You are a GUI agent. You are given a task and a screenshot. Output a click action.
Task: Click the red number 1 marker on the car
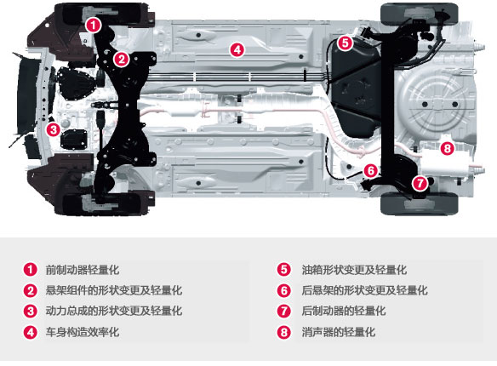pyautogui.click(x=94, y=25)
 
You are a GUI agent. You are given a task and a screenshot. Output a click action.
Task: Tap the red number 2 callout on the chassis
pyautogui.click(x=121, y=59)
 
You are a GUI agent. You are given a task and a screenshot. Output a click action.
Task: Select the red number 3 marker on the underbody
pyautogui.click(x=53, y=129)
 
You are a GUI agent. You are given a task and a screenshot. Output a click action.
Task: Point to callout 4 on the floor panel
pyautogui.click(x=237, y=49)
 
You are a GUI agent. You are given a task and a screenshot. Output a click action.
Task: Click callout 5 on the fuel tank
pyautogui.click(x=346, y=43)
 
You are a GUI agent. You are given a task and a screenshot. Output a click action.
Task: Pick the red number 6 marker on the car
pyautogui.click(x=370, y=171)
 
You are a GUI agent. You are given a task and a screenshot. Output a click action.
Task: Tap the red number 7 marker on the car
pyautogui.click(x=420, y=183)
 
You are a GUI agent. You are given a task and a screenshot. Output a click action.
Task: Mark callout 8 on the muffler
pyautogui.click(x=447, y=148)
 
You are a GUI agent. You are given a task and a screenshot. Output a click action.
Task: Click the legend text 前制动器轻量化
pyautogui.click(x=83, y=270)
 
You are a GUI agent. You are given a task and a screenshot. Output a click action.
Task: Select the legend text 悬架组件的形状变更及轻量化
pyautogui.click(x=114, y=290)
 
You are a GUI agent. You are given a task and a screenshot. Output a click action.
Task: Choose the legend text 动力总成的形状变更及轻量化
pyautogui.click(x=114, y=311)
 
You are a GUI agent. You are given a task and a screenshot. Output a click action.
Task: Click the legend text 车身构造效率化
pyautogui.click(x=83, y=332)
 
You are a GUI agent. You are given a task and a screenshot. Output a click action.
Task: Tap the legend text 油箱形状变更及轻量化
pyautogui.click(x=354, y=270)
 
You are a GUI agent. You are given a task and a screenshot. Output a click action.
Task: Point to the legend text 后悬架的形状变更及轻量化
pyautogui.click(x=364, y=290)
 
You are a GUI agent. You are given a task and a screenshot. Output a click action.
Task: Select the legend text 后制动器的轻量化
pyautogui.click(x=344, y=311)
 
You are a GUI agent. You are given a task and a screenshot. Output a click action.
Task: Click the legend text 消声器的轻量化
pyautogui.click(x=338, y=332)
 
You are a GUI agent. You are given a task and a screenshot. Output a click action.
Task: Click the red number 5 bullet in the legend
pyautogui.click(x=283, y=270)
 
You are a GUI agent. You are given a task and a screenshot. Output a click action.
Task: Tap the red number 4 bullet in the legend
pyautogui.click(x=31, y=332)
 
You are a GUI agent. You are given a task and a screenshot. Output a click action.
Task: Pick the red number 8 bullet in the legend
pyautogui.click(x=283, y=332)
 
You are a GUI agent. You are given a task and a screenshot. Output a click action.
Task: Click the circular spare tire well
pyautogui.click(x=435, y=104)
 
